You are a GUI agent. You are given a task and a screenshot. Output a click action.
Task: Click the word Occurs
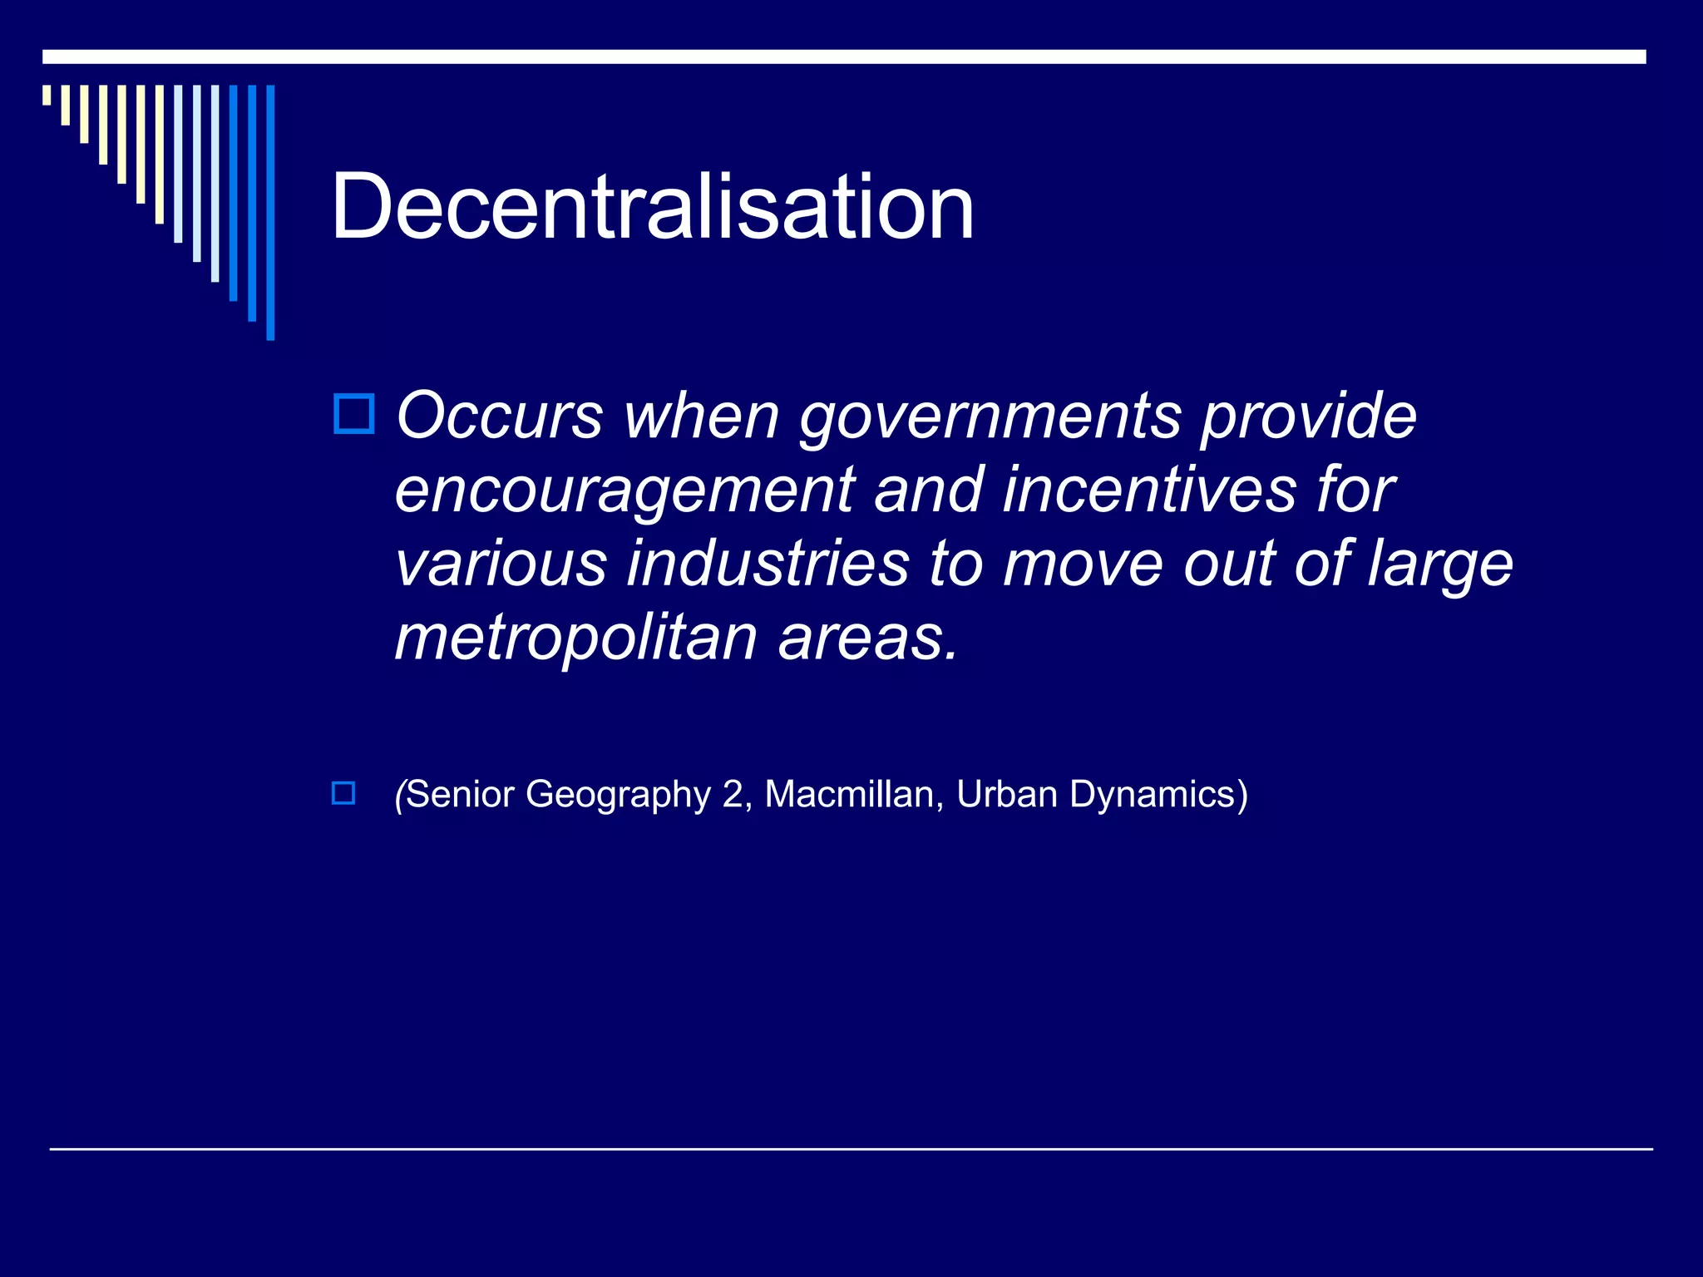pyautogui.click(x=499, y=416)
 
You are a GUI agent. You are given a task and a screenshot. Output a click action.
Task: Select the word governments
pyautogui.click(x=990, y=417)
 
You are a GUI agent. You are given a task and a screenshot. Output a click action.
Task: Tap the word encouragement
pyautogui.click(x=624, y=491)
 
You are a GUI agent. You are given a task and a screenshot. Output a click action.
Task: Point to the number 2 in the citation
pyautogui.click(x=733, y=794)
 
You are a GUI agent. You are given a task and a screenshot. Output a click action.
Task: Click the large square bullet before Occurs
pyautogui.click(x=354, y=413)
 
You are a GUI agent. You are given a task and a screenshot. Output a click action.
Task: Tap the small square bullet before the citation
pyautogui.click(x=343, y=793)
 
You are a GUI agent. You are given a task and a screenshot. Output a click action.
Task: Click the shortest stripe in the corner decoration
pyautogui.click(x=47, y=95)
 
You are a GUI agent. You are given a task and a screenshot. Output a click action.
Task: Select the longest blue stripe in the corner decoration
pyautogui.click(x=270, y=212)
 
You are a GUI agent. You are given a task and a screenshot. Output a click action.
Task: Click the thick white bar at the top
pyautogui.click(x=844, y=57)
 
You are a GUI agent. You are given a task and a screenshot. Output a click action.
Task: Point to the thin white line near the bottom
pyautogui.click(x=851, y=1149)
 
